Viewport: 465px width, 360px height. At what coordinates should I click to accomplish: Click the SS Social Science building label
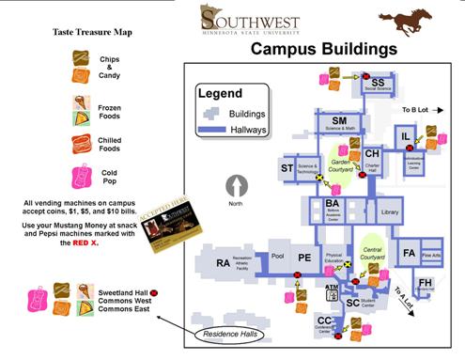[x=378, y=83]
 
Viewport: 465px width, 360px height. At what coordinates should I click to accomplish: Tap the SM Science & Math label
[x=339, y=122]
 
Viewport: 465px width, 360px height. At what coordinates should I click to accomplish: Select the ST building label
[x=288, y=169]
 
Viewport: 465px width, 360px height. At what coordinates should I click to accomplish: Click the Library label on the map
[x=391, y=213]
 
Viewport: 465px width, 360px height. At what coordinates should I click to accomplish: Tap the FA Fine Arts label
[x=410, y=254]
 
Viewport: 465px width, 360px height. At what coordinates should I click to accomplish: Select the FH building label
[x=426, y=283]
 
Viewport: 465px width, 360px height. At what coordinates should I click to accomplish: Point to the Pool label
[x=277, y=255]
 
